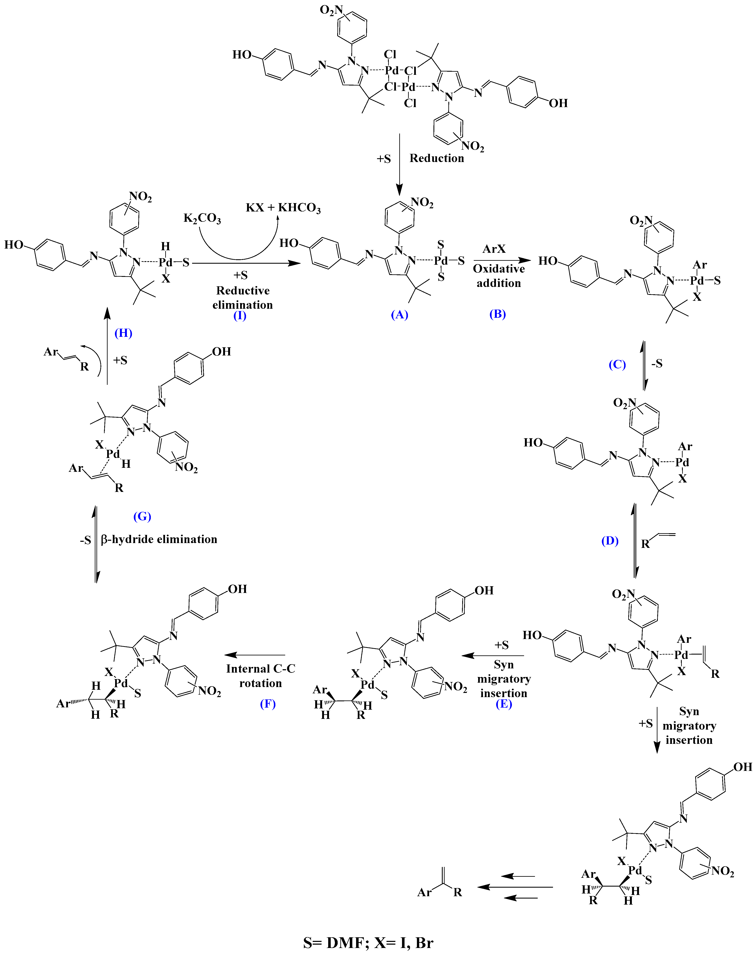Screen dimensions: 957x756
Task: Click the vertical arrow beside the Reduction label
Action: [399, 164]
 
